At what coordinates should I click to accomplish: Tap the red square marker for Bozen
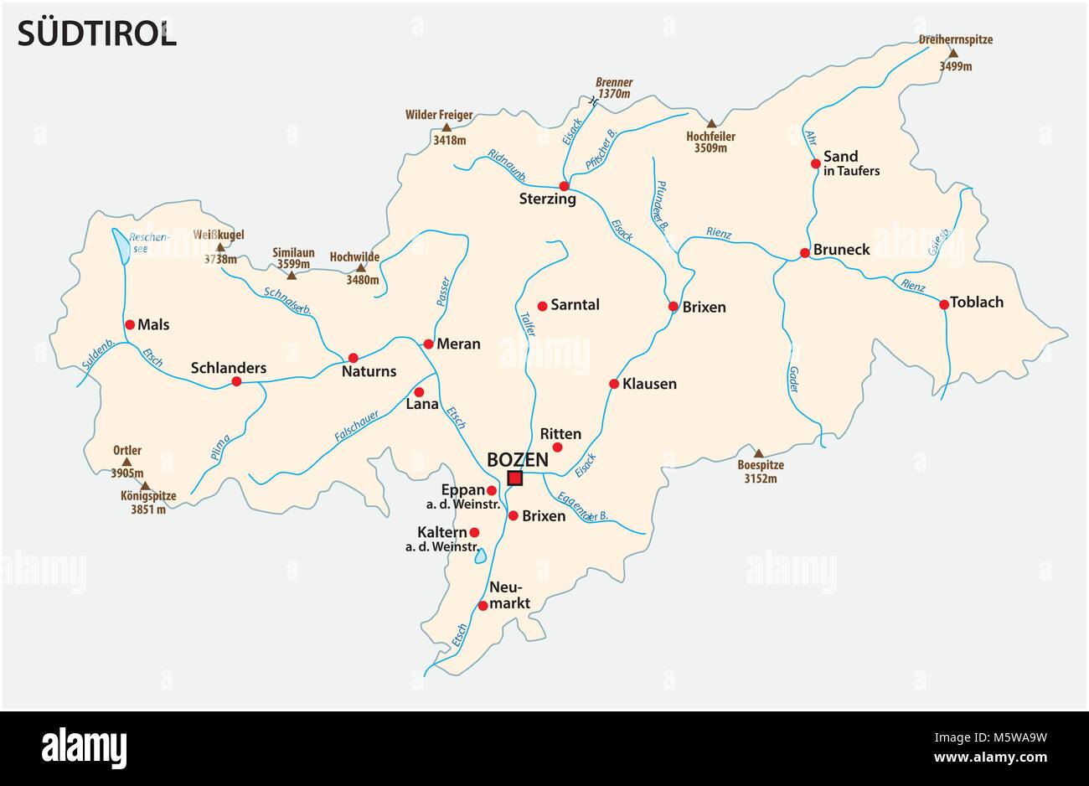514,478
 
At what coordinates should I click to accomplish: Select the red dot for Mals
130,324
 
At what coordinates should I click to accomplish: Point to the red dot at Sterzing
565,186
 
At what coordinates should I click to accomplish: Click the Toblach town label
978,303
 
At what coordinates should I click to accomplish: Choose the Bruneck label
842,250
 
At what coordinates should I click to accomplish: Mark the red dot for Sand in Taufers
815,163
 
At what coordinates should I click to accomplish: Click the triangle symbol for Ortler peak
127,462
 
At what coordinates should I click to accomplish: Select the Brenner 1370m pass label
614,88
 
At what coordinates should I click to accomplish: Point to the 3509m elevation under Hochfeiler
710,148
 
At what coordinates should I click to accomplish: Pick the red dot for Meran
428,344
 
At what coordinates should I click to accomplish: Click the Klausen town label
649,384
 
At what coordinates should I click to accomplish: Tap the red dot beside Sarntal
542,306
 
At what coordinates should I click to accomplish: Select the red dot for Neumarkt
483,605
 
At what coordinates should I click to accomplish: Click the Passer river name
443,291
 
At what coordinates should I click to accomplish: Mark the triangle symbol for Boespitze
758,453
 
